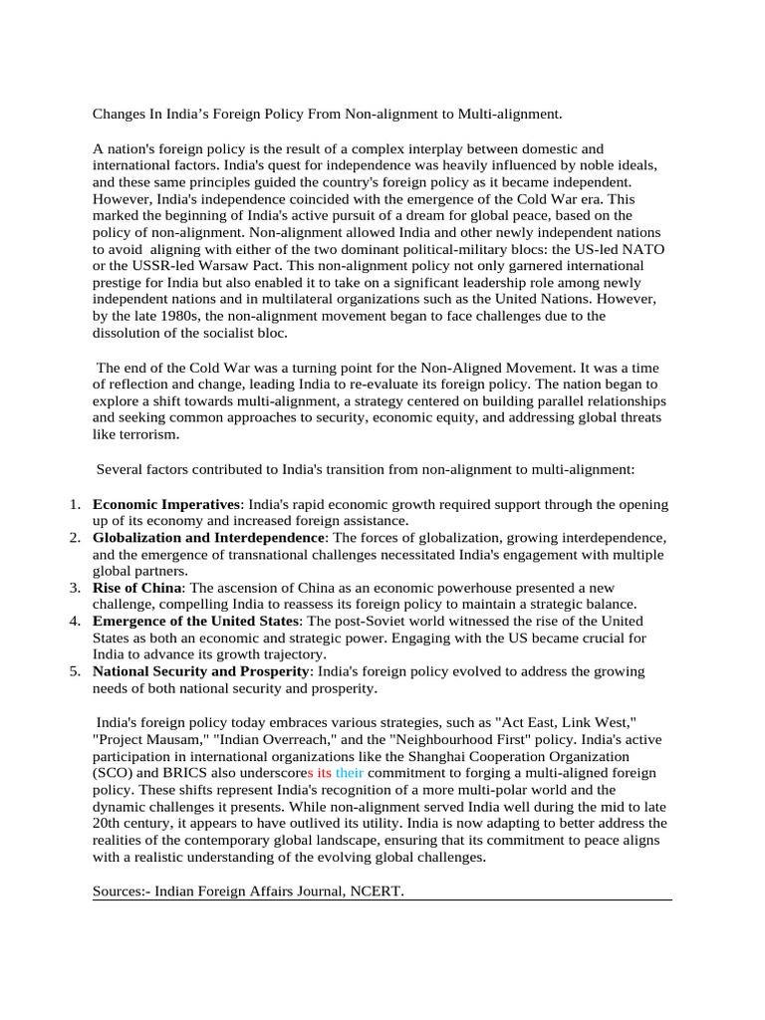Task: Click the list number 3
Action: pyautogui.click(x=76, y=588)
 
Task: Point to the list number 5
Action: pyautogui.click(x=76, y=671)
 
